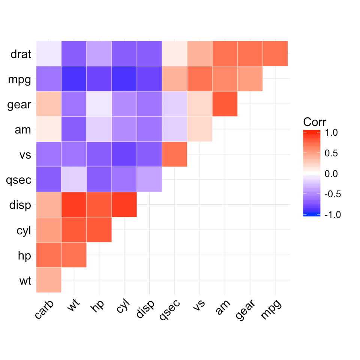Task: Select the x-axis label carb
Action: (43, 310)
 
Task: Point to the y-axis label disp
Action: (21, 205)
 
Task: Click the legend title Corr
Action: (314, 122)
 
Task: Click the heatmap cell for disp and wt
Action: (74, 204)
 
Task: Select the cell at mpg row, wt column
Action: (74, 79)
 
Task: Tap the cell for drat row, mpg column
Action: (275, 54)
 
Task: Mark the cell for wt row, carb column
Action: (49, 280)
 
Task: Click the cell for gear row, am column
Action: (225, 104)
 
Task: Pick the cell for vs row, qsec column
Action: (174, 154)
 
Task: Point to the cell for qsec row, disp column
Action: (149, 179)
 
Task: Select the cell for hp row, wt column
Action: (74, 255)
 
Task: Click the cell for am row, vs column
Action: (199, 129)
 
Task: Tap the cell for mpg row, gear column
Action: (250, 79)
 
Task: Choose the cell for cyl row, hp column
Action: (99, 229)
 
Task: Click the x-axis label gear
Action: (246, 310)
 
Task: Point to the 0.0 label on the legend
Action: (330, 174)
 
